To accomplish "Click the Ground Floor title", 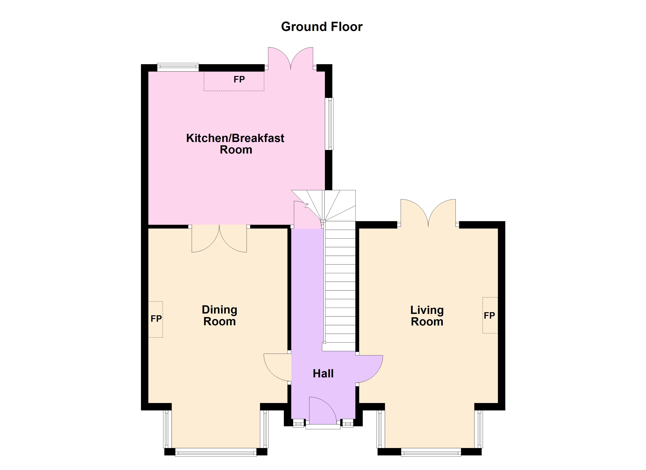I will [x=322, y=27].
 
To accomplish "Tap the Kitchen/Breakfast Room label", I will [x=235, y=144].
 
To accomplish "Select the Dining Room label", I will [x=219, y=315].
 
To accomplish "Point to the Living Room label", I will [x=427, y=316].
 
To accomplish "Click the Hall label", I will [x=323, y=374].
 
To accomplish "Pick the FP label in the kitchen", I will [x=239, y=80].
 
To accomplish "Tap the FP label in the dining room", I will [x=156, y=319].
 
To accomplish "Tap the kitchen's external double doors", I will [x=291, y=58].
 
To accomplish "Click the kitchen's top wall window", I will [x=178, y=67].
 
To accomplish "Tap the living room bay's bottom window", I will [x=431, y=452].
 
